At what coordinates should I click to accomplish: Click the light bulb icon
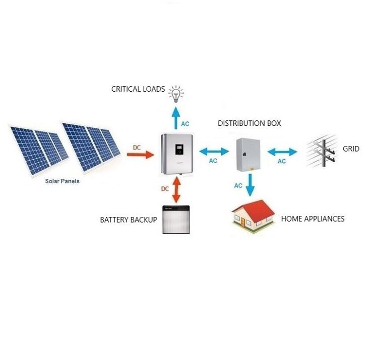[176, 94]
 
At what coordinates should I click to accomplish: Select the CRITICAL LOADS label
[138, 89]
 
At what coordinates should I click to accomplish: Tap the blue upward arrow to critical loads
[176, 118]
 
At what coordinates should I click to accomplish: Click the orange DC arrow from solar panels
[140, 155]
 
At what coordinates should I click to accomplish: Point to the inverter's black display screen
[179, 150]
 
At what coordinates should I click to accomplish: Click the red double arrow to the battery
[176, 190]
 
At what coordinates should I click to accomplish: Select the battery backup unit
[176, 220]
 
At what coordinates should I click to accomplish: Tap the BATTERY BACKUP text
[129, 220]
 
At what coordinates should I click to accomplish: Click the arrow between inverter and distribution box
[214, 152]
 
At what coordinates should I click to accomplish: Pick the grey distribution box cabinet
[248, 154]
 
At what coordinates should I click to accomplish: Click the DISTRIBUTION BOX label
[249, 123]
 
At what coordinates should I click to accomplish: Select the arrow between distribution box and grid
[282, 152]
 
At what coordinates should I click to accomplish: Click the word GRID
[351, 149]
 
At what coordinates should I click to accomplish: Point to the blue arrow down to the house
[250, 185]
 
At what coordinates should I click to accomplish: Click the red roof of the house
[257, 210]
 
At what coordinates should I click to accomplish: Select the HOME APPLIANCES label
[313, 219]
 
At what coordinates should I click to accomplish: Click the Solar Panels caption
[62, 181]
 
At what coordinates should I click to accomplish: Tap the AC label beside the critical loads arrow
[185, 124]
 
